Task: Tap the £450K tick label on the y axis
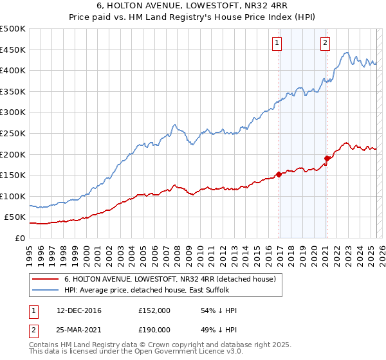click(x=13, y=50)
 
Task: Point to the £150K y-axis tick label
click(x=13, y=175)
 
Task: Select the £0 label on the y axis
click(x=20, y=238)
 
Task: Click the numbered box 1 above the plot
click(x=277, y=43)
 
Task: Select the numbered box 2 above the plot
click(x=326, y=43)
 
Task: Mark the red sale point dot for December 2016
click(x=279, y=174)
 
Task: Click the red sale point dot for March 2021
click(x=327, y=158)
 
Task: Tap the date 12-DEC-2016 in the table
click(x=79, y=310)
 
